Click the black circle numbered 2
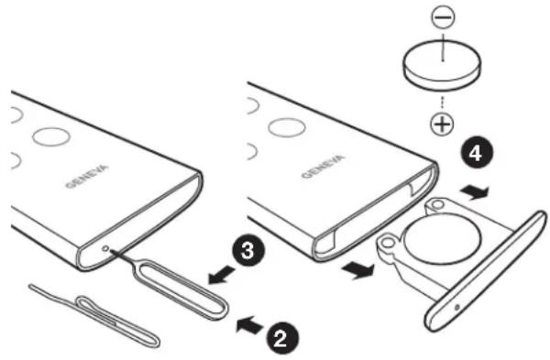click(282, 338)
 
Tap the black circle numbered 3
click(248, 251)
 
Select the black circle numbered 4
click(477, 154)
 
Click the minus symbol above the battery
click(444, 17)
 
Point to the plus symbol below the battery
click(442, 124)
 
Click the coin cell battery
click(442, 66)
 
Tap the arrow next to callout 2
click(249, 324)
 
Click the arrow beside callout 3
click(222, 275)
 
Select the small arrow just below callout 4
click(475, 192)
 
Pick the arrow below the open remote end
click(357, 271)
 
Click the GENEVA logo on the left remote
click(87, 177)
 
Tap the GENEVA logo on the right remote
click(323, 167)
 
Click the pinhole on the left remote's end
click(105, 248)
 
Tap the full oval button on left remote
click(51, 136)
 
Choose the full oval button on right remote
click(287, 127)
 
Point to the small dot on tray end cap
click(457, 308)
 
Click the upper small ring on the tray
click(436, 204)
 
